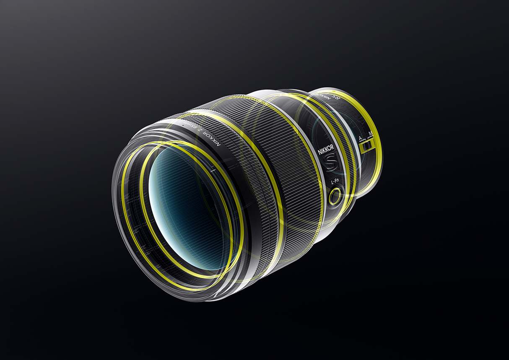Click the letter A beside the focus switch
pos(360,137)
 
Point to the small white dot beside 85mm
pos(184,125)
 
